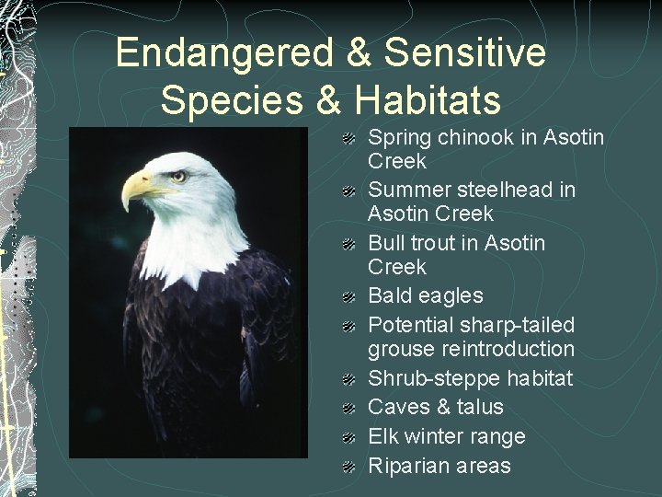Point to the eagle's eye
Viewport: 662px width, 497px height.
tap(177, 174)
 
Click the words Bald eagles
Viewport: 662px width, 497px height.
tap(425, 295)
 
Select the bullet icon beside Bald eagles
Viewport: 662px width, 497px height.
tap(349, 297)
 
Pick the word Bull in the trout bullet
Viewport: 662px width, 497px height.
tap(387, 243)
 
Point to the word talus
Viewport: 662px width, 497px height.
tap(477, 407)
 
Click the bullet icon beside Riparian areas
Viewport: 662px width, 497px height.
tap(349, 467)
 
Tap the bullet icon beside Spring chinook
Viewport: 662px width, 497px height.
tap(349, 139)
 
